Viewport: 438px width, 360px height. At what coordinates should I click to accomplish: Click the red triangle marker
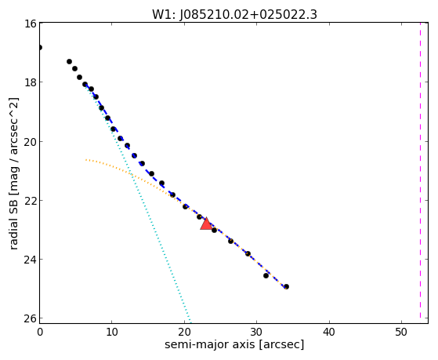pyautogui.click(x=206, y=224)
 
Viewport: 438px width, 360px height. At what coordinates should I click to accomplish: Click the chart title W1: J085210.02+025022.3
pyautogui.click(x=234, y=15)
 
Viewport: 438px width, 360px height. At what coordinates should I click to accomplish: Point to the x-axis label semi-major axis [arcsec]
pyautogui.click(x=234, y=344)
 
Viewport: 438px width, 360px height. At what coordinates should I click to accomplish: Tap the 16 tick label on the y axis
pyautogui.click(x=30, y=24)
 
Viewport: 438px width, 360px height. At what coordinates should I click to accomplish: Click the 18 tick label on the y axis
pyautogui.click(x=30, y=82)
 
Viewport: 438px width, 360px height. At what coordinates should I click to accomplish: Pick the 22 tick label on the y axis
pyautogui.click(x=30, y=201)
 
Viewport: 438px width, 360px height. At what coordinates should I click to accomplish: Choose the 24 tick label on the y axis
pyautogui.click(x=30, y=260)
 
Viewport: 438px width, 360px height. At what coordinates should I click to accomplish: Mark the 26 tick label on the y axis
pyautogui.click(x=30, y=319)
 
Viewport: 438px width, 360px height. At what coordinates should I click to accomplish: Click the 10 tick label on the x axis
pyautogui.click(x=112, y=333)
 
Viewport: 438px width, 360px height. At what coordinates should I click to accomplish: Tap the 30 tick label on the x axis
pyautogui.click(x=256, y=333)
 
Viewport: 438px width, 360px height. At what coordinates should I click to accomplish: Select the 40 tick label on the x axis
pyautogui.click(x=329, y=333)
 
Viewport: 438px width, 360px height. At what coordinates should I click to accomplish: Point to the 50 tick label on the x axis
pyautogui.click(x=401, y=333)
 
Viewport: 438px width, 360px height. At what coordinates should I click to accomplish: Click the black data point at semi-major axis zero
pyautogui.click(x=40, y=47)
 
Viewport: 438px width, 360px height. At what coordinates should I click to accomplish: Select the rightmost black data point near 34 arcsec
pyautogui.click(x=286, y=287)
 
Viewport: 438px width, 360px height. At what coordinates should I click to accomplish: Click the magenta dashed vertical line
pyautogui.click(x=420, y=170)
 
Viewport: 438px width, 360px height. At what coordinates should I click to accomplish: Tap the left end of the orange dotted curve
pyautogui.click(x=86, y=160)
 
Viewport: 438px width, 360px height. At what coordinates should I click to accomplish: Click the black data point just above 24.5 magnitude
pyautogui.click(x=266, y=276)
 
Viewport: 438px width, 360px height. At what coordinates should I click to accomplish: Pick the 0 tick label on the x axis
pyautogui.click(x=40, y=333)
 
